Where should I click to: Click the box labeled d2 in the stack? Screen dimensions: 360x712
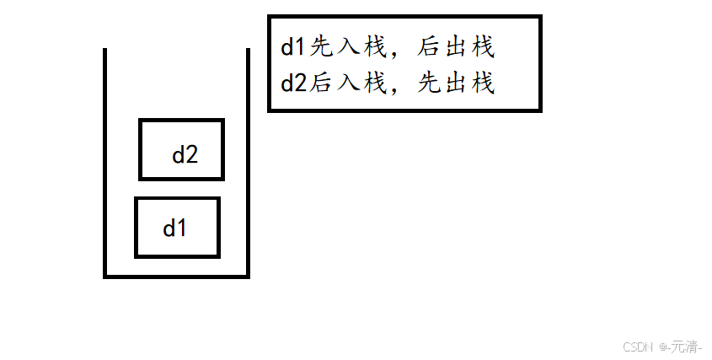pos(181,150)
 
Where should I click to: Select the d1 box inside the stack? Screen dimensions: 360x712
pos(177,227)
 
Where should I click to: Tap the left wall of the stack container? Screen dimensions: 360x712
pos(105,160)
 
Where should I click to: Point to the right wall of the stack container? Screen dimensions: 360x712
pos(248,160)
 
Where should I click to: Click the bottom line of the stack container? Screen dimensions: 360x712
pos(176,275)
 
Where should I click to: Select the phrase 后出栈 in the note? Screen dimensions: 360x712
pos(454,47)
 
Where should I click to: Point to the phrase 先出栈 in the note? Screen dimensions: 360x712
pos(455,84)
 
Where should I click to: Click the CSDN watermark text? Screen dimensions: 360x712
pos(638,347)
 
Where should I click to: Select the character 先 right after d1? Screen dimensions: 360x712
pos(322,47)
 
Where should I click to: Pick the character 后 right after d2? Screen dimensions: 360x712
pos(322,84)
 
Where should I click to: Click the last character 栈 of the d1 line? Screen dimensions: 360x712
pos(482,47)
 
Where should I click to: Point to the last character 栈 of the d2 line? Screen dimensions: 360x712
pos(482,84)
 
